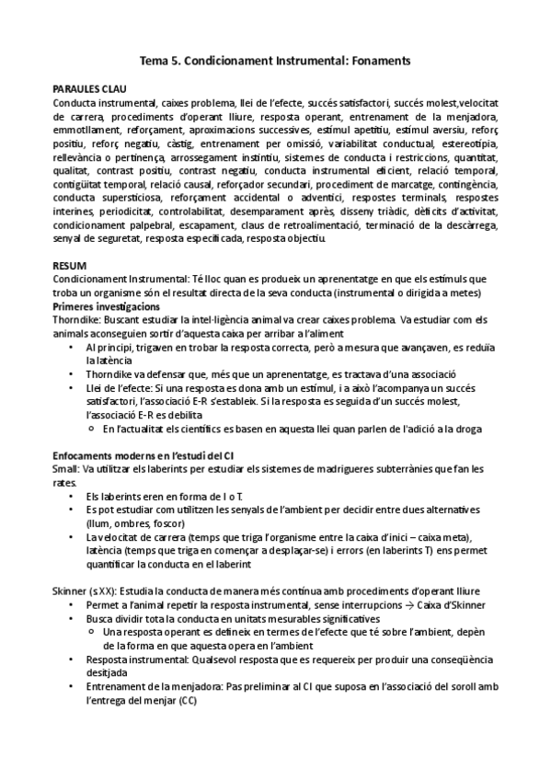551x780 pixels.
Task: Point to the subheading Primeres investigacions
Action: [x=106, y=305]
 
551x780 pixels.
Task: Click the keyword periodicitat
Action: [x=113, y=212]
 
